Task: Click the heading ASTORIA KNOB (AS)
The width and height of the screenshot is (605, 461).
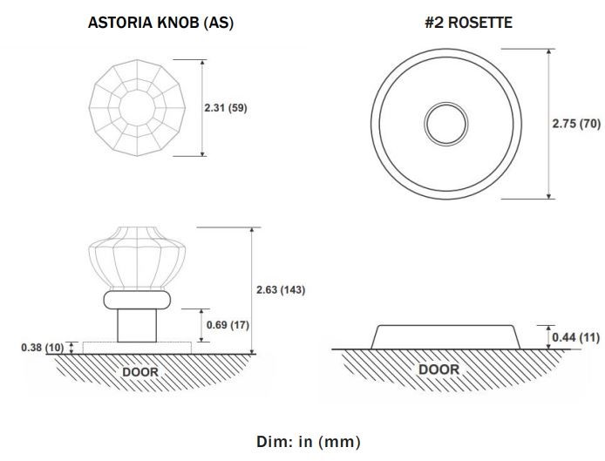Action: pyautogui.click(x=160, y=23)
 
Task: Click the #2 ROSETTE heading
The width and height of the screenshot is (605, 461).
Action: pyautogui.click(x=468, y=23)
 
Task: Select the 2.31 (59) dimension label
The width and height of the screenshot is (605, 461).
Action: pyautogui.click(x=226, y=108)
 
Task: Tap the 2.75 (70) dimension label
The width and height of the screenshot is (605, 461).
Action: pyautogui.click(x=576, y=124)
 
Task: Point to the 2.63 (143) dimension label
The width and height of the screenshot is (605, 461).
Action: pyautogui.click(x=281, y=289)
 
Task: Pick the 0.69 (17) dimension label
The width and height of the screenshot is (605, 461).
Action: pyautogui.click(x=228, y=325)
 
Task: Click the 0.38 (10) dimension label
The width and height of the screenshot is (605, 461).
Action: pyautogui.click(x=43, y=347)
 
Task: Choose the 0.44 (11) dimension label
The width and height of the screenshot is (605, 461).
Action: pyautogui.click(x=575, y=337)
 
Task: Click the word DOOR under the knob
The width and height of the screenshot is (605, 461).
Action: pyautogui.click(x=140, y=372)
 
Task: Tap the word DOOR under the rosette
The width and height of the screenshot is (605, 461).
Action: pyautogui.click(x=439, y=369)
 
